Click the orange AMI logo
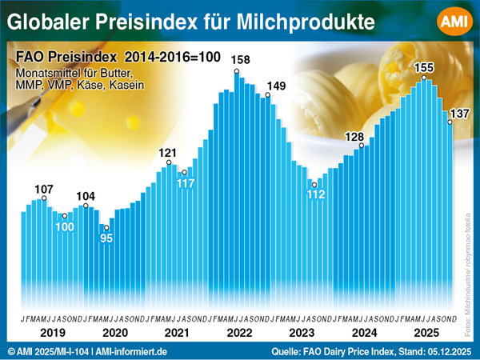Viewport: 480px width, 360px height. (453, 22)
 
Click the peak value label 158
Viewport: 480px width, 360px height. (239, 60)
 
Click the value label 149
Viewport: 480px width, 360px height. (276, 86)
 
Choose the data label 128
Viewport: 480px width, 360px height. (354, 136)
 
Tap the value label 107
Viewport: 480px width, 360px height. (44, 189)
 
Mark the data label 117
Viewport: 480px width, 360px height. (186, 183)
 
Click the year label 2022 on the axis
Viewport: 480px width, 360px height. (239, 332)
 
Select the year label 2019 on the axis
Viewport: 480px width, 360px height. (51, 332)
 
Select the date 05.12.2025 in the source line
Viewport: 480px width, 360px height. (446, 351)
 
